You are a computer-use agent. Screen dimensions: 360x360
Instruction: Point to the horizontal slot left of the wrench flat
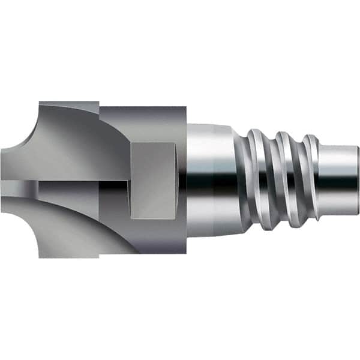(x=84, y=180)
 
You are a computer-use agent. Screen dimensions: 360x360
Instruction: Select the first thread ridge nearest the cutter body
(x=255, y=180)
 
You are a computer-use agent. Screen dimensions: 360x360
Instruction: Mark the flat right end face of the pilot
(x=358, y=180)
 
